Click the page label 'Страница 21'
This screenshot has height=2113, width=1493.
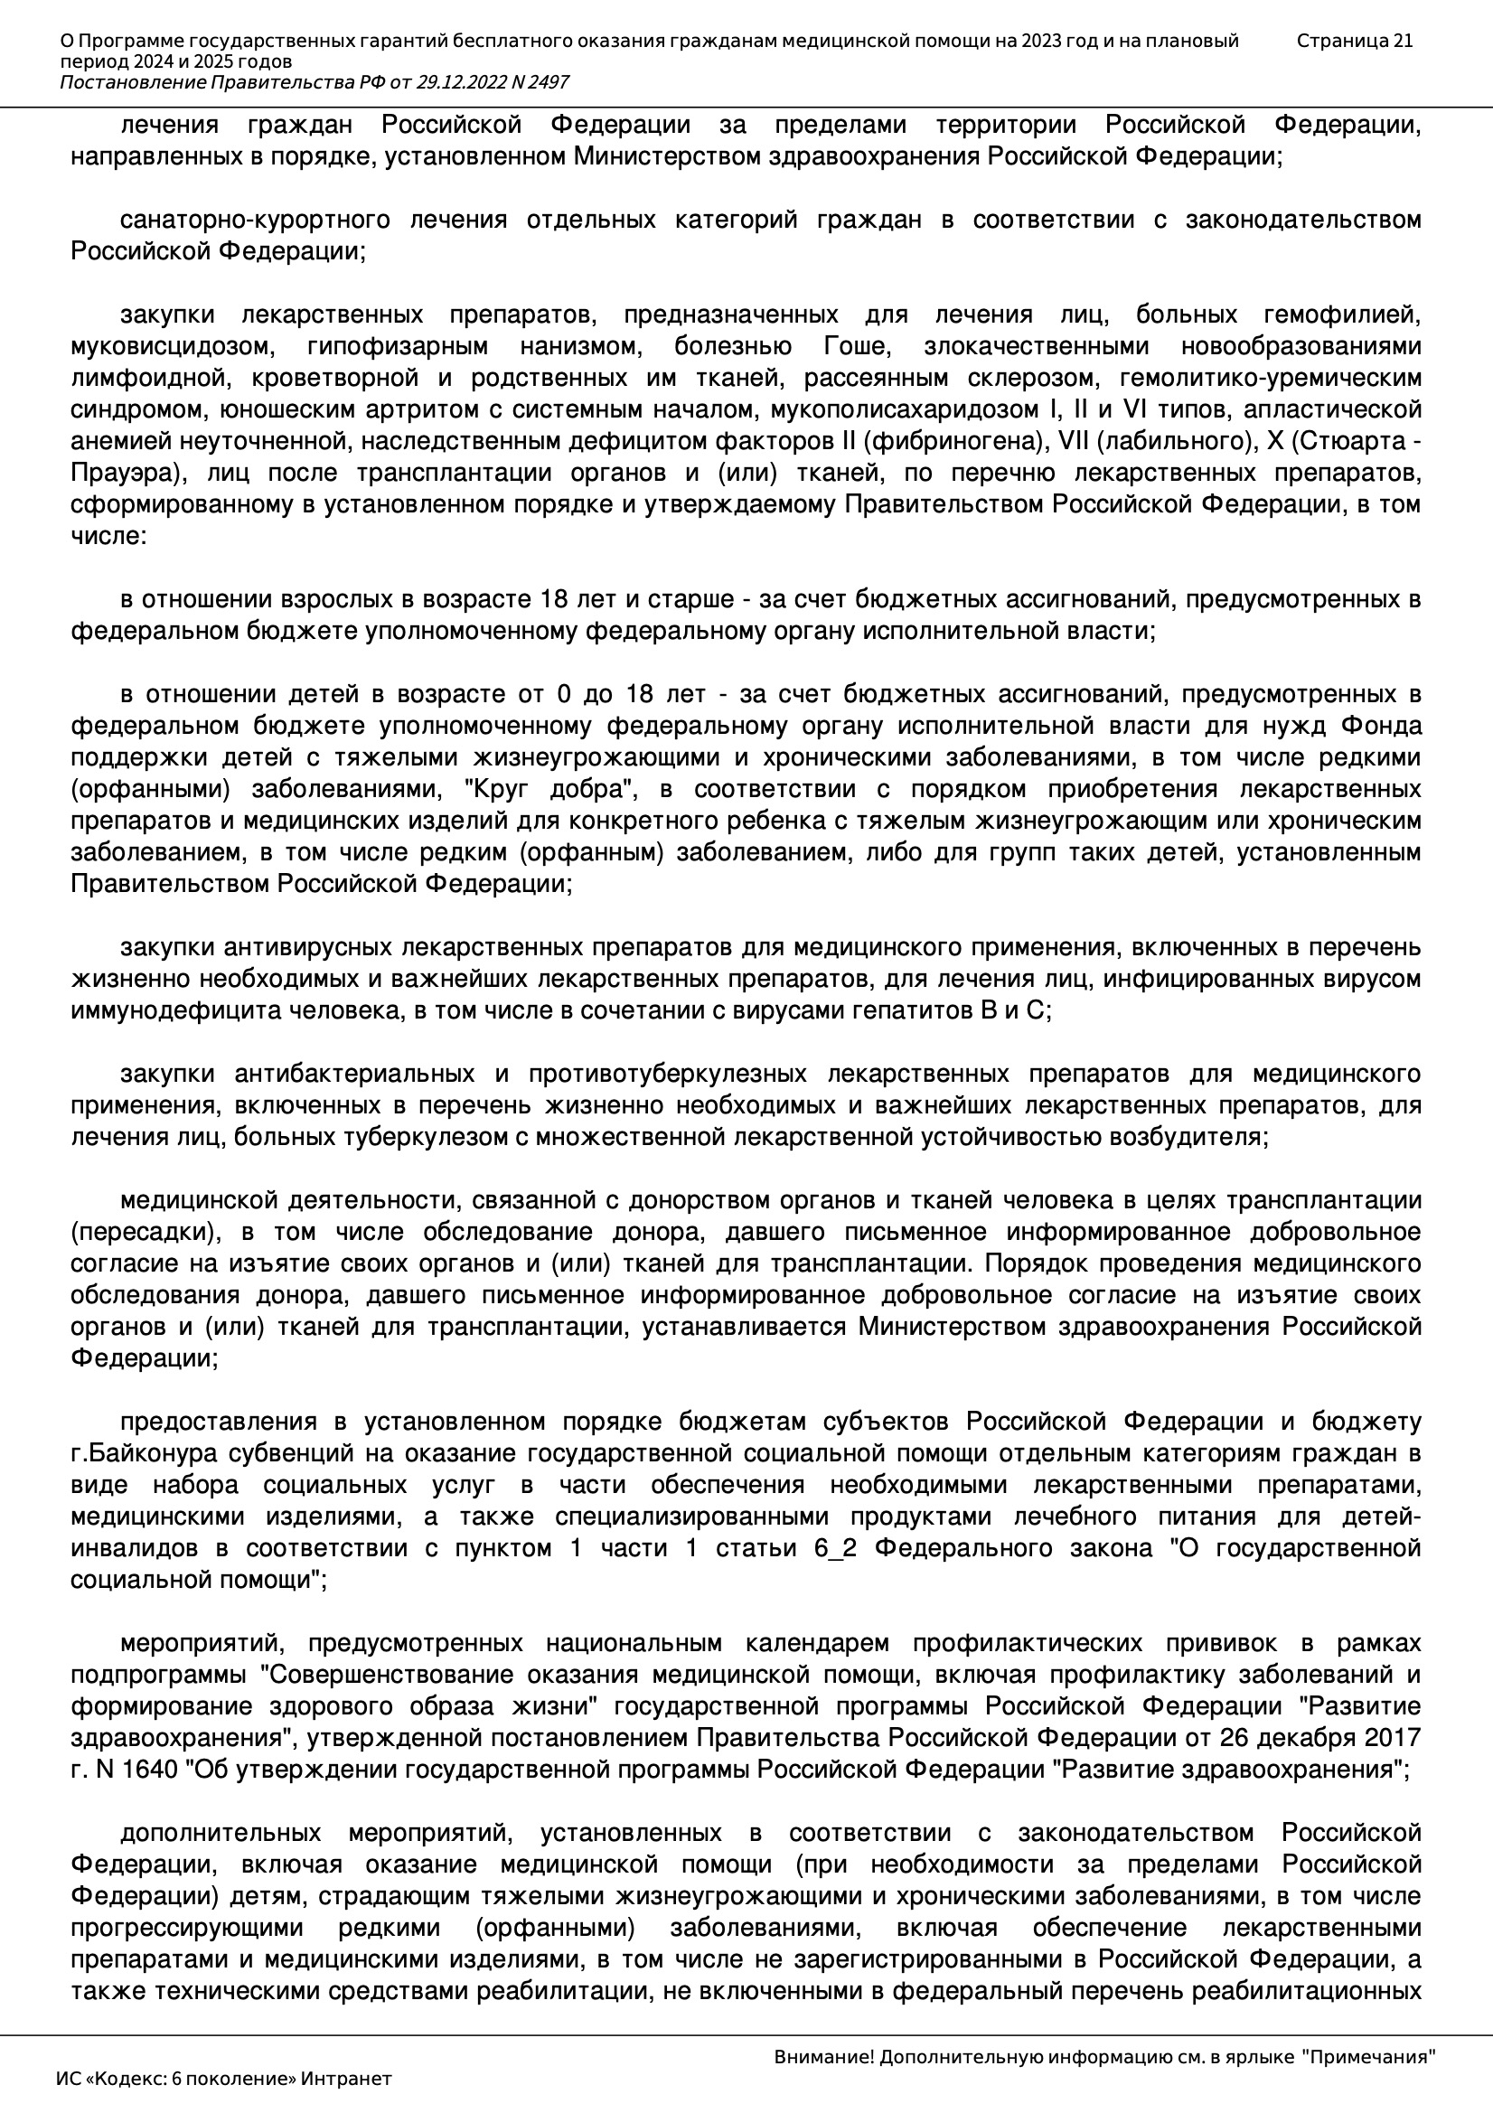[1354, 41]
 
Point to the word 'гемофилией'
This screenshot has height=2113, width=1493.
[1342, 315]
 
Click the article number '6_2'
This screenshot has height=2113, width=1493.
[835, 1549]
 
